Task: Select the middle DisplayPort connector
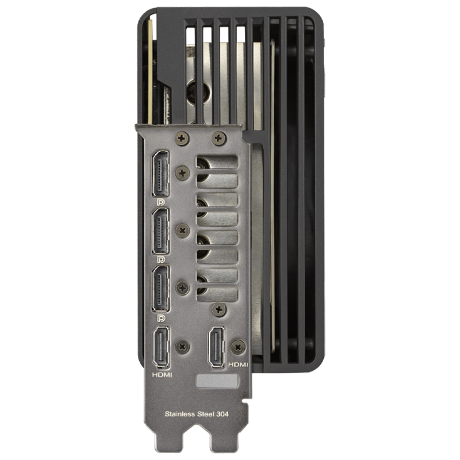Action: (x=160, y=232)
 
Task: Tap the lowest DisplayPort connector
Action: (x=160, y=289)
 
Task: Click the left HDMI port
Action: (x=161, y=347)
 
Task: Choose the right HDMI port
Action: (x=217, y=347)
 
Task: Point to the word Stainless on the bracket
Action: (x=180, y=414)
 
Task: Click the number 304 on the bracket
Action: (x=223, y=414)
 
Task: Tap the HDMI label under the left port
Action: (x=162, y=375)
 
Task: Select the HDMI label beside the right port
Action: (x=238, y=365)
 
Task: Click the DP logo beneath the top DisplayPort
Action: (x=161, y=202)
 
